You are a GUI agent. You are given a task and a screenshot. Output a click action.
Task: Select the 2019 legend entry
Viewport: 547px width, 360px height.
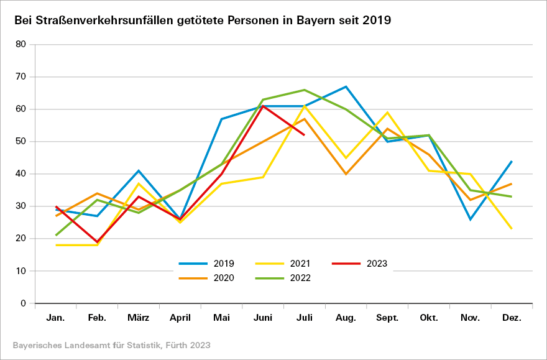(x=205, y=264)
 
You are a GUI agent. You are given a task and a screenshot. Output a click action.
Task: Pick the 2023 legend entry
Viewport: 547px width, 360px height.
(x=360, y=264)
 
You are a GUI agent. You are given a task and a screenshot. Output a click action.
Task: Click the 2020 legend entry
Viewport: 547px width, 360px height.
(x=205, y=278)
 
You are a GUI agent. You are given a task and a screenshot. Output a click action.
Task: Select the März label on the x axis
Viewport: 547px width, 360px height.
(x=139, y=318)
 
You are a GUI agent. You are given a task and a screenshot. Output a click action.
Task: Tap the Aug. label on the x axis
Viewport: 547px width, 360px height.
(x=346, y=318)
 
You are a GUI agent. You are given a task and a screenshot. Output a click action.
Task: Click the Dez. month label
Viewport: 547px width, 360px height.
(x=512, y=318)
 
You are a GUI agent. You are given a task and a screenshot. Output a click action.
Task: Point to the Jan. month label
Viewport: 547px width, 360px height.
(x=56, y=318)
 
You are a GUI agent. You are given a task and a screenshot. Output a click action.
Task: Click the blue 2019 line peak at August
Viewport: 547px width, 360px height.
(x=346, y=86)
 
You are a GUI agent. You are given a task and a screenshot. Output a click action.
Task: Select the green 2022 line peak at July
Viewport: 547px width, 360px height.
(x=305, y=90)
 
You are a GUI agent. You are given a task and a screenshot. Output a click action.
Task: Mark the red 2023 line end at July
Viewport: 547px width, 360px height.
(x=305, y=135)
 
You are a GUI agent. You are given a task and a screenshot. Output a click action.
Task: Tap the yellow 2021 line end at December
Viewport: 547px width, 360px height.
(x=512, y=229)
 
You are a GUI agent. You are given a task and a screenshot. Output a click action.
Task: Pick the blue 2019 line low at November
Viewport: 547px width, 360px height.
(x=471, y=219)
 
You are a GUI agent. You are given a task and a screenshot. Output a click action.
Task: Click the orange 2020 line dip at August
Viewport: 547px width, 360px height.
(x=346, y=174)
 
